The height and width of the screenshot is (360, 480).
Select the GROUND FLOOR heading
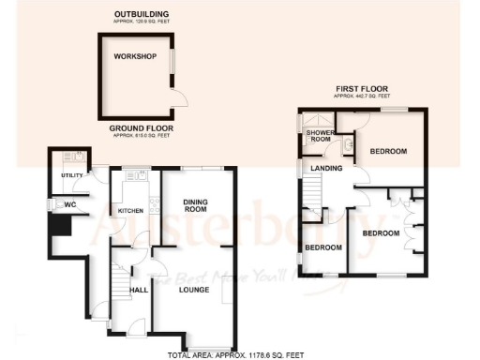[138, 128]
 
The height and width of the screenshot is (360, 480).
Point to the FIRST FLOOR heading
[363, 89]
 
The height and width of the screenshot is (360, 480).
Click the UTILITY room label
[72, 175]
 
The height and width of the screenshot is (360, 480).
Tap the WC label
[69, 204]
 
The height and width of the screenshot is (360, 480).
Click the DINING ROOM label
[194, 205]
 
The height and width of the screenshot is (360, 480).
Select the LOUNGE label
[193, 291]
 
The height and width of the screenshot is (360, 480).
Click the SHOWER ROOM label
[321, 137]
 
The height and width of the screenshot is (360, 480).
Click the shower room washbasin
[347, 142]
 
